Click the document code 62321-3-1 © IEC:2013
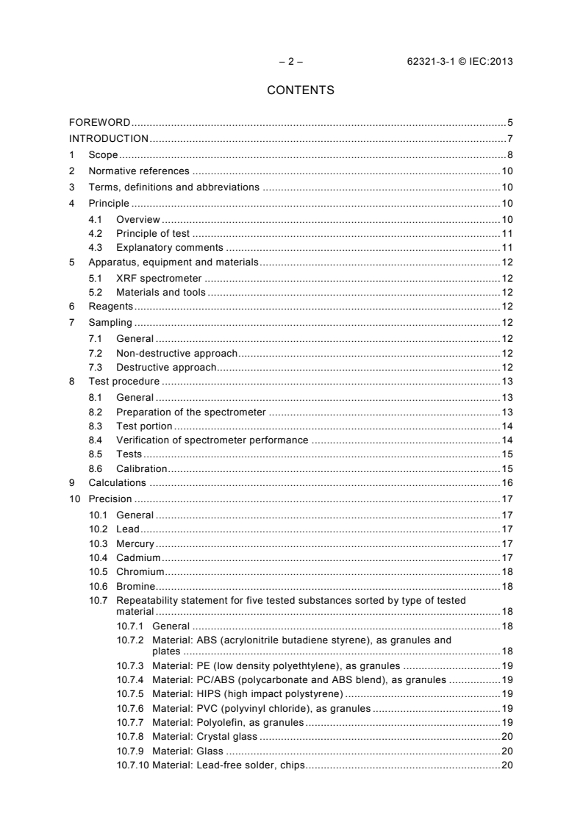(x=459, y=62)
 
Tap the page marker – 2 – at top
(x=290, y=62)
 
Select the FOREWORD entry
(x=99, y=122)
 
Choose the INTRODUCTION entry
(x=109, y=138)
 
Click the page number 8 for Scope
(x=509, y=154)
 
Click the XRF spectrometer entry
(x=159, y=278)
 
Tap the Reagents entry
(x=110, y=306)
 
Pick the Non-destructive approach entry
(x=178, y=353)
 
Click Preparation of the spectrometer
(x=190, y=412)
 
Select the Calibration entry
(x=141, y=468)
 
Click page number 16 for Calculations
(x=507, y=483)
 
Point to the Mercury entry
(x=135, y=543)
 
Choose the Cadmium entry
(x=138, y=557)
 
